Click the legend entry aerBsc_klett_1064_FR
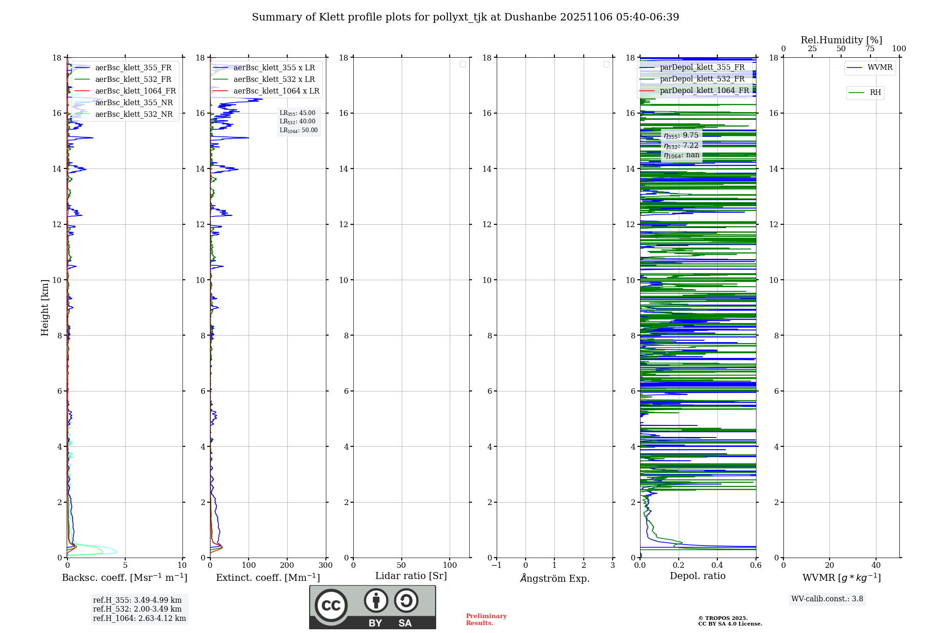[135, 91]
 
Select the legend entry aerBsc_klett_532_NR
[134, 114]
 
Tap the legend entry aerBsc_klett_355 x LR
[274, 68]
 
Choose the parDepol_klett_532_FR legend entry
[702, 79]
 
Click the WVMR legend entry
[880, 67]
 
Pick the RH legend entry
[875, 93]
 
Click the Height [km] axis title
[45, 308]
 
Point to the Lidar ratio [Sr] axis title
[411, 576]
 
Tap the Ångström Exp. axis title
[555, 579]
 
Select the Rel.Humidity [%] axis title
[841, 40]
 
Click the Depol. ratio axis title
[697, 576]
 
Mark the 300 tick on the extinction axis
[326, 566]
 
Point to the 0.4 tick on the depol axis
[717, 566]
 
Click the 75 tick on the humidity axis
[870, 49]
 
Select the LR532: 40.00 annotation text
[297, 121]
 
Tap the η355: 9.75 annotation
[681, 136]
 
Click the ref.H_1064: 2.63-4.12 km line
[139, 619]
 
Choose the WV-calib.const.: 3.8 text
[827, 599]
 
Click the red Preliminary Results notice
[486, 620]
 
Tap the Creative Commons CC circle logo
[331, 606]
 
